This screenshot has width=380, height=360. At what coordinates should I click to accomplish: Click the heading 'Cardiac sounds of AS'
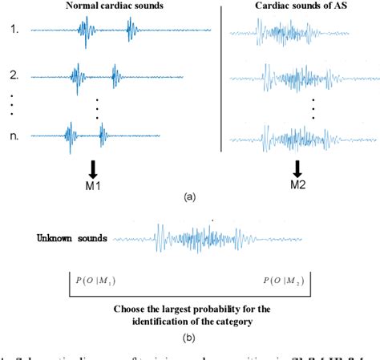pos(297,7)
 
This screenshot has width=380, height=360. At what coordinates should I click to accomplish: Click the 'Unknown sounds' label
pos(71,238)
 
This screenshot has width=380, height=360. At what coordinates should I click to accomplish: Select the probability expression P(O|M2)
pos(282,281)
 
